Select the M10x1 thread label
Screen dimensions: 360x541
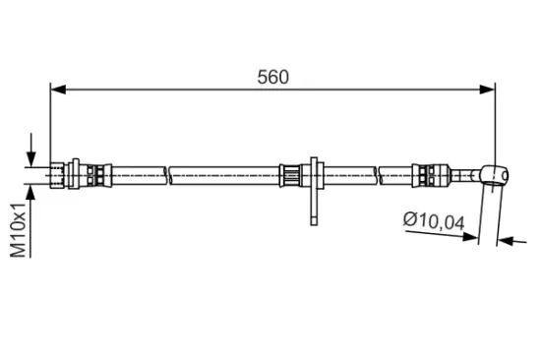19,231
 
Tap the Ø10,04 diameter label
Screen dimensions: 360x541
432,222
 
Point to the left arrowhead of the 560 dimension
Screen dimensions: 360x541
57,90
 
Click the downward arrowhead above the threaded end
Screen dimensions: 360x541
32,159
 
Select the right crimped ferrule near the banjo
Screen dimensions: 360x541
427,176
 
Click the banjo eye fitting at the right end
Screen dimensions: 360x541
497,176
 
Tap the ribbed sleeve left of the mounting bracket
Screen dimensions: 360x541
290,176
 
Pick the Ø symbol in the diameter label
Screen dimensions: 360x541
409,222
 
